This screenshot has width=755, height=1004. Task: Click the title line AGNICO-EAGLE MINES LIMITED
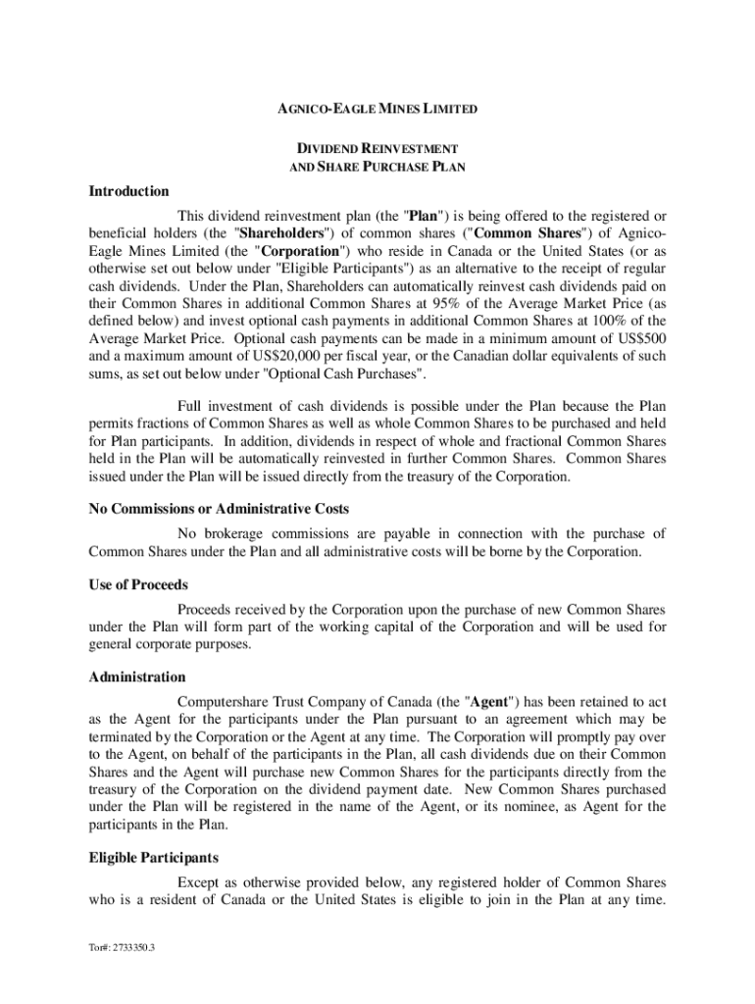pyautogui.click(x=377, y=109)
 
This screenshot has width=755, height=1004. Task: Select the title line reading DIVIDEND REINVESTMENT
pyautogui.click(x=377, y=148)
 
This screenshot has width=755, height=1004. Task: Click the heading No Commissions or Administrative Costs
pyautogui.click(x=219, y=510)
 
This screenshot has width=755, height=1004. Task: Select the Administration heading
pyautogui.click(x=136, y=678)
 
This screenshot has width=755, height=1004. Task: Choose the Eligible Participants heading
pyautogui.click(x=153, y=857)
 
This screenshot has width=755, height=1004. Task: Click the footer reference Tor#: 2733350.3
pyautogui.click(x=122, y=949)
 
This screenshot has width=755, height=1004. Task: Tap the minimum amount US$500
pyautogui.click(x=641, y=340)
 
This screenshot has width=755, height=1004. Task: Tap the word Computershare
pyautogui.click(x=224, y=703)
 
